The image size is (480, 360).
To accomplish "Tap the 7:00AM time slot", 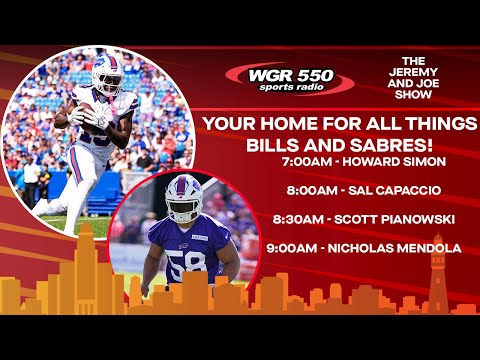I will click(308, 161).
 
